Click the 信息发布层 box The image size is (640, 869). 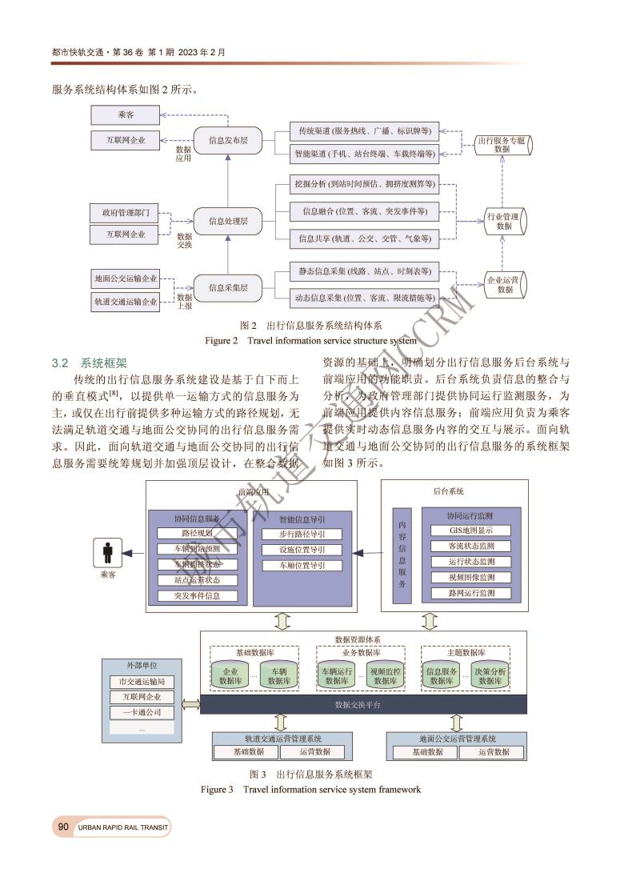click(228, 141)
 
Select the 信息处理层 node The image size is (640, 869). click(228, 221)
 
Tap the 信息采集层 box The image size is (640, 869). click(228, 287)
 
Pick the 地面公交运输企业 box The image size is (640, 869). click(126, 279)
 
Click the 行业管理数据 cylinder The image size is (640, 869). click(504, 221)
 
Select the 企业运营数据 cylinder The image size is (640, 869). click(505, 285)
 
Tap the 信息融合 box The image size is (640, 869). click(365, 212)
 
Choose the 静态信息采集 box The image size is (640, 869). click(365, 272)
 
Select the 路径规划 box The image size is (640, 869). click(186, 533)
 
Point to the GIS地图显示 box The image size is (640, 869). click(471, 530)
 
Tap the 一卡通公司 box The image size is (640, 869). click(142, 712)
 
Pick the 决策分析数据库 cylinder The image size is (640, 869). click(490, 675)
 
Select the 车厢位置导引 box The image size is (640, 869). click(301, 565)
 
